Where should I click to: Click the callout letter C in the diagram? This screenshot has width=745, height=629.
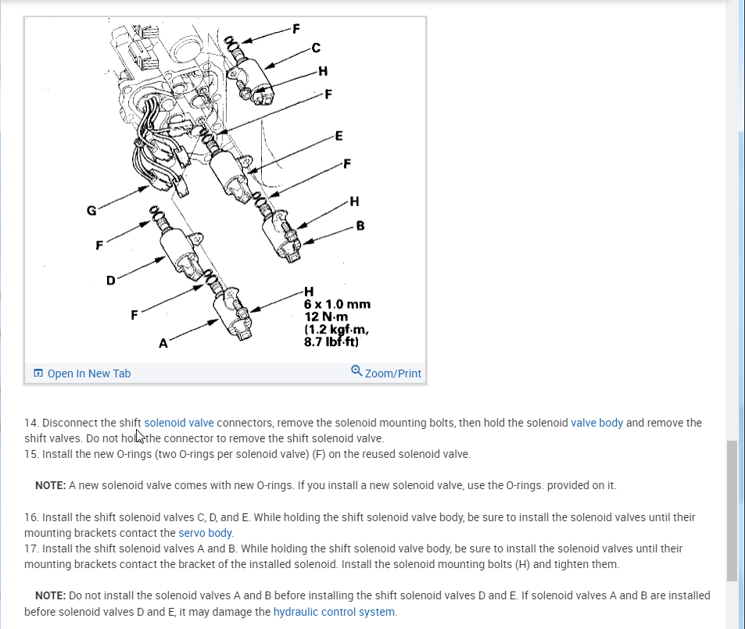[x=316, y=48]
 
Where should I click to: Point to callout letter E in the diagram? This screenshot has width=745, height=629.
[x=338, y=136]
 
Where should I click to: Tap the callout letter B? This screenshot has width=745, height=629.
[x=360, y=227]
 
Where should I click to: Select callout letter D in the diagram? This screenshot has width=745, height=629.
[x=111, y=279]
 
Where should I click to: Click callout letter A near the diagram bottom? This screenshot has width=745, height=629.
[x=163, y=343]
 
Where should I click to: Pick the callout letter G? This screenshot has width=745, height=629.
[x=91, y=210]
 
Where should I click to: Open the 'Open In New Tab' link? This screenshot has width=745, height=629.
[x=88, y=373]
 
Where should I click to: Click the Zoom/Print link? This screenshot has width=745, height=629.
[x=392, y=373]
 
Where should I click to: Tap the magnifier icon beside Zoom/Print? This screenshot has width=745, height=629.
[x=356, y=371]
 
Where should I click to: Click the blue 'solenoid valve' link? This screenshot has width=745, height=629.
[x=179, y=423]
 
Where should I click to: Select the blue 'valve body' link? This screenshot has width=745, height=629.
[x=597, y=423]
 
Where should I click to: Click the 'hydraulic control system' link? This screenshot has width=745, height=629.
[x=335, y=612]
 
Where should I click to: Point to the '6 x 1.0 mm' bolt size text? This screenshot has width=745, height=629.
[x=337, y=304]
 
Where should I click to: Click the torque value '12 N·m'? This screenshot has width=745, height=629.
[x=326, y=316]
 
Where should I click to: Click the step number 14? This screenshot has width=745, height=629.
[x=31, y=423]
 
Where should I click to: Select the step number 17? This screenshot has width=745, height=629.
[x=31, y=549]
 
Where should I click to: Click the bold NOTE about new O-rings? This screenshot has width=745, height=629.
[x=51, y=485]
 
